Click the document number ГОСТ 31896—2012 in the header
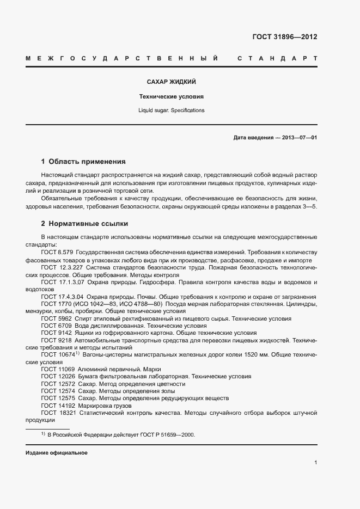(x=284, y=37)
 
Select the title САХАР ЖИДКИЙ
(x=171, y=82)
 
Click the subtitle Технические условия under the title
(x=171, y=96)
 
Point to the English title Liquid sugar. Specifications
(x=171, y=110)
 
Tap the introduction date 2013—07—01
(x=299, y=138)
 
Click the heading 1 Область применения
(x=83, y=162)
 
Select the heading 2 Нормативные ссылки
(x=84, y=224)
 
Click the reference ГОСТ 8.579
(x=57, y=253)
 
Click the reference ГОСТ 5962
(x=56, y=318)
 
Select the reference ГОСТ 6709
(x=56, y=326)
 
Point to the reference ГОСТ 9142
(x=56, y=333)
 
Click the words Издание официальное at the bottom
(x=57, y=453)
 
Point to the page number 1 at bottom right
(x=315, y=463)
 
